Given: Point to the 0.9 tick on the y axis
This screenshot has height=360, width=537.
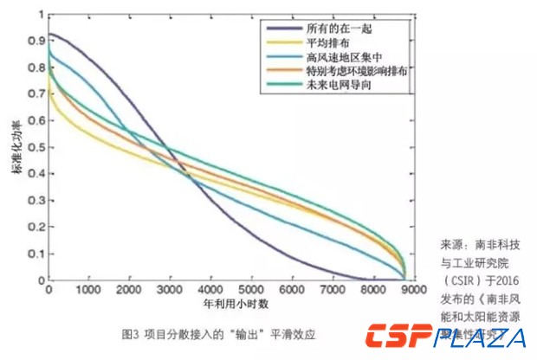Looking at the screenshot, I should tap(35, 41).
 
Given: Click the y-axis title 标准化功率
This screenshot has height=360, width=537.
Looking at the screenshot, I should tap(16, 151).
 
